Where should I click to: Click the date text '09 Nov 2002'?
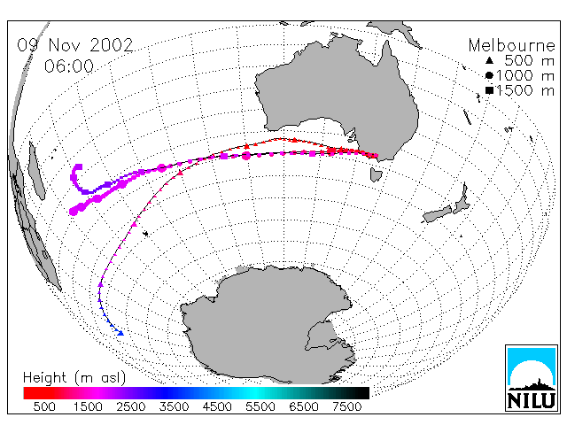[x=75, y=45]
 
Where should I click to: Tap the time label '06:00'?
[x=69, y=66]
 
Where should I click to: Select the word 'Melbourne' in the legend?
[x=511, y=45]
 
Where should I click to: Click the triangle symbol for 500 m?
[x=489, y=60]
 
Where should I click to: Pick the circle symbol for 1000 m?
[x=489, y=75]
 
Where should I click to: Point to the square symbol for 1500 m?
[x=489, y=90]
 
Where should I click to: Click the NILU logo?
[x=532, y=378]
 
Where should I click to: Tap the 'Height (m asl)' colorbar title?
[x=74, y=378]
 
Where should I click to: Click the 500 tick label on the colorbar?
[x=44, y=407]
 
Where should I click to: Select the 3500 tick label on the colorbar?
[x=174, y=407]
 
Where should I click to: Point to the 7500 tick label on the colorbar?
[x=346, y=407]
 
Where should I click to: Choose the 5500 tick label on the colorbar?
[x=260, y=407]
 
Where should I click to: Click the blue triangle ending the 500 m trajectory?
[x=120, y=333]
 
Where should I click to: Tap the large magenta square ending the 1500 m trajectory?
[x=79, y=167]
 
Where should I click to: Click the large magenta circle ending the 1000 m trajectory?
[x=74, y=211]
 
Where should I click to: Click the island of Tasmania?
[x=376, y=175]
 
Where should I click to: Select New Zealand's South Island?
[x=437, y=214]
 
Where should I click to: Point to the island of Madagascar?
[x=36, y=170]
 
